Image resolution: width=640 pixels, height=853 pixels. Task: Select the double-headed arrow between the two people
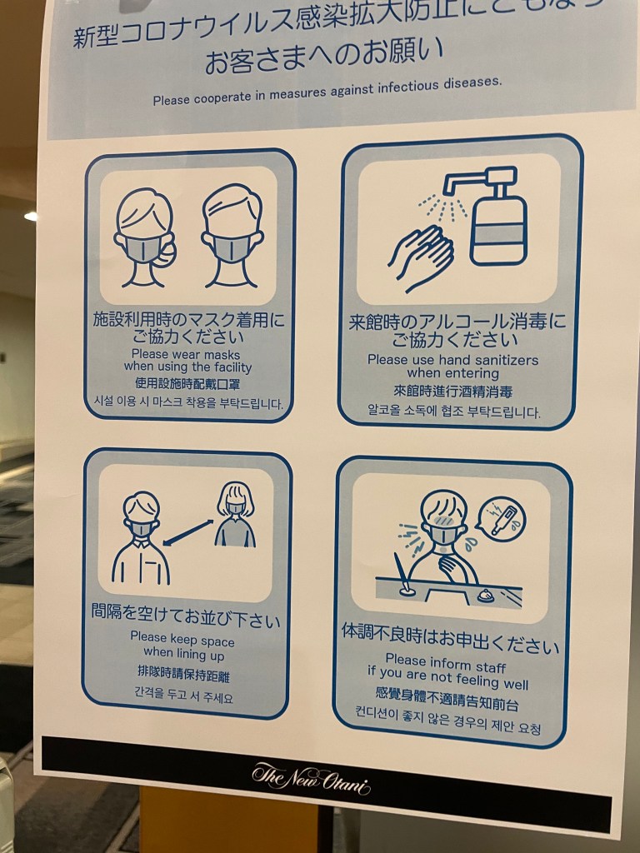188,532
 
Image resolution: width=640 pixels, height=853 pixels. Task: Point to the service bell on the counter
485,595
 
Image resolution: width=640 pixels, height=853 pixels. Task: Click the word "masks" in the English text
221,355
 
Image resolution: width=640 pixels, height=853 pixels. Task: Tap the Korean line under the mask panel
188,402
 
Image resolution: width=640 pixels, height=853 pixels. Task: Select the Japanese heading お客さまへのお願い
324,57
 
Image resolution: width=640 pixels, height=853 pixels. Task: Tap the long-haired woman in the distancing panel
235,514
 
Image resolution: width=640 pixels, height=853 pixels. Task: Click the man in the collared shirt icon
141,538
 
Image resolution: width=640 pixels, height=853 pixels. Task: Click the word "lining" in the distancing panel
192,653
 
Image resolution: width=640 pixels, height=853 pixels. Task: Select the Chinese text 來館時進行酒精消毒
453,392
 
